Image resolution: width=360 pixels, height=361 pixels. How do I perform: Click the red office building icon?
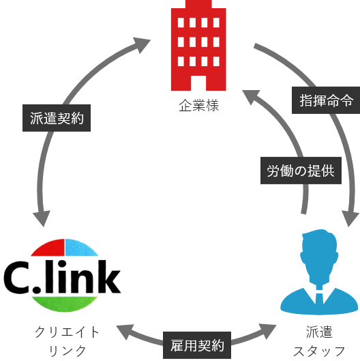(x=197, y=48)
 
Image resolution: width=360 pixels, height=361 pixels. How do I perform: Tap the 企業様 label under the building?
(x=198, y=106)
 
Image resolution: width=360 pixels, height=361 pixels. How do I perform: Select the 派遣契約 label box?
(x=57, y=117)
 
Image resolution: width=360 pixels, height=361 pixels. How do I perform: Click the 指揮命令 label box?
(x=326, y=100)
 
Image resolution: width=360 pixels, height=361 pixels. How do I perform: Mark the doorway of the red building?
(x=198, y=82)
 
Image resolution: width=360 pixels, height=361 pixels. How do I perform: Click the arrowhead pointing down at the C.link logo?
(x=42, y=218)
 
